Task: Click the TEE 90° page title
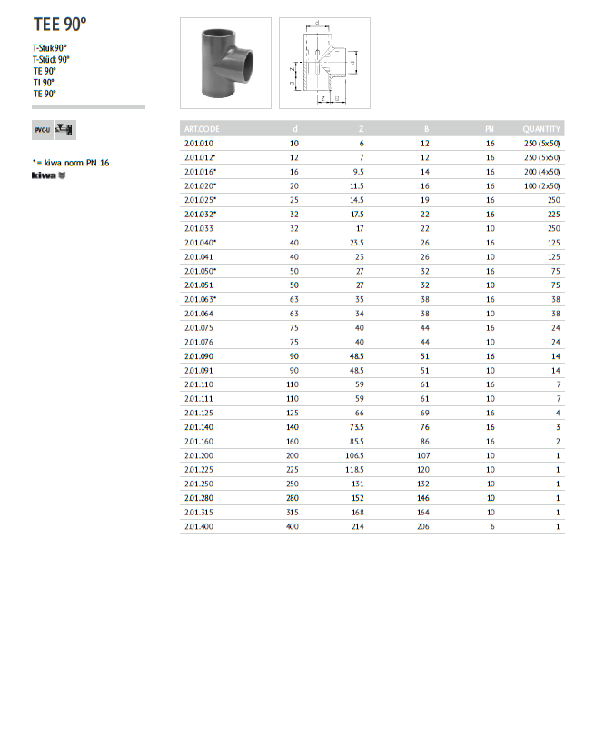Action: click(x=61, y=25)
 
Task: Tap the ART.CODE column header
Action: click(x=202, y=129)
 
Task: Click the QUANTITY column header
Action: click(x=541, y=129)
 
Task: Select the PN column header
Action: click(x=490, y=129)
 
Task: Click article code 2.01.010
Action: click(x=198, y=144)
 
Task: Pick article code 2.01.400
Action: click(x=198, y=526)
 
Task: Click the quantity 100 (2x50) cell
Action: click(x=541, y=185)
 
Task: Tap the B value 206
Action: click(x=422, y=526)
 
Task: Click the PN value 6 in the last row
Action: click(x=491, y=526)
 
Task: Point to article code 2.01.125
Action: click(x=198, y=412)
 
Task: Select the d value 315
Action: click(x=292, y=513)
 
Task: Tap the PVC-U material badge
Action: click(x=42, y=130)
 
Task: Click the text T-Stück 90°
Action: click(x=51, y=60)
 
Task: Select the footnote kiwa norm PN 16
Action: click(x=71, y=163)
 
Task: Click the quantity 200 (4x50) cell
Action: click(x=541, y=171)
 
